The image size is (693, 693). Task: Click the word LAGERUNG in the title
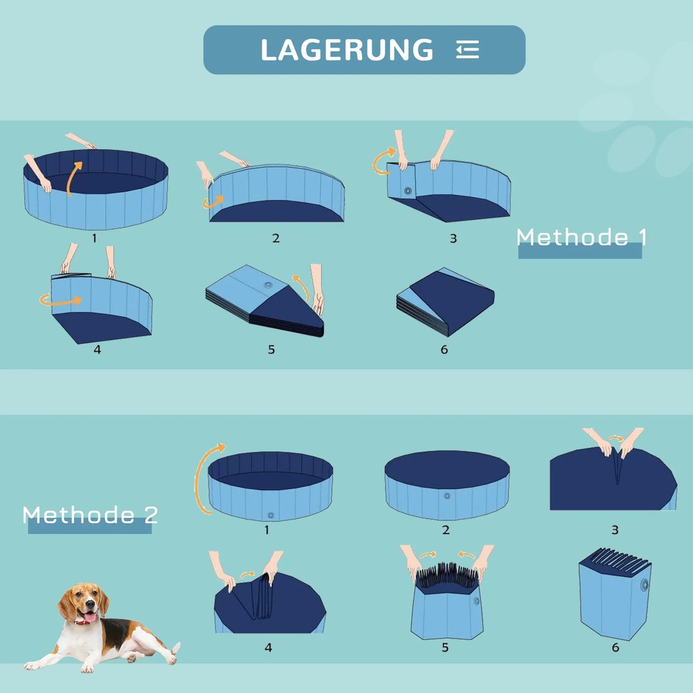pyautogui.click(x=346, y=50)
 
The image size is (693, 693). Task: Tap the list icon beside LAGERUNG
pyautogui.click(x=467, y=50)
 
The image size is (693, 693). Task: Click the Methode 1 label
pyautogui.click(x=581, y=238)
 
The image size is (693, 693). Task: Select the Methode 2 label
pyautogui.click(x=90, y=515)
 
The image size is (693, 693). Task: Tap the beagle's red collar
pyautogui.click(x=86, y=620)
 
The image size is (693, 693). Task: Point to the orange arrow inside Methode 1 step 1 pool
pyautogui.click(x=74, y=178)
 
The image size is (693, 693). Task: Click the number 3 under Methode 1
pyautogui.click(x=453, y=238)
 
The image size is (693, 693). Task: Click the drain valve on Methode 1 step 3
pyautogui.click(x=408, y=192)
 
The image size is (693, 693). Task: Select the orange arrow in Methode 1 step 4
pyautogui.click(x=60, y=300)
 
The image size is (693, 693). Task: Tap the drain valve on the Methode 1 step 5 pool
pyautogui.click(x=268, y=285)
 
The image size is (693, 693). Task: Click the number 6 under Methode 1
pyautogui.click(x=444, y=349)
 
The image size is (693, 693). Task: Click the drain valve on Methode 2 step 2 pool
pyautogui.click(x=447, y=496)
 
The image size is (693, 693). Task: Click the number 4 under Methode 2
pyautogui.click(x=268, y=647)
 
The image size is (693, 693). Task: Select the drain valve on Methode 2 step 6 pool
pyautogui.click(x=643, y=584)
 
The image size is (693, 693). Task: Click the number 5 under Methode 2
pyautogui.click(x=445, y=647)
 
